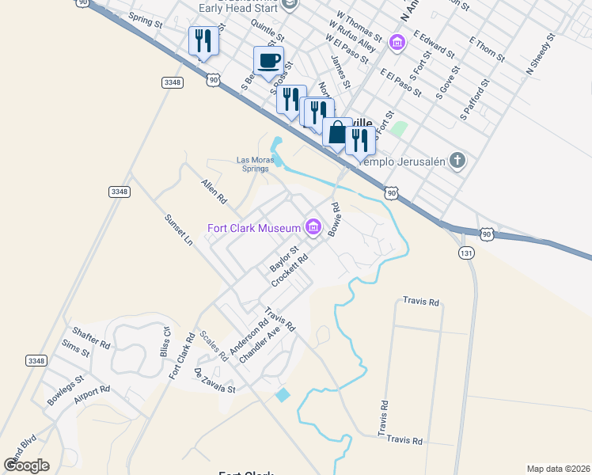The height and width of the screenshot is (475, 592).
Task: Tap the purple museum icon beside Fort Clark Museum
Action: pos(313,229)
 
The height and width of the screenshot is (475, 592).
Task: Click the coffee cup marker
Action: pos(268,60)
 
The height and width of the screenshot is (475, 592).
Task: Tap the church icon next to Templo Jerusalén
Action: pos(457,161)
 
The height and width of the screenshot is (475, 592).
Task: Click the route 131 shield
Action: pos(466,251)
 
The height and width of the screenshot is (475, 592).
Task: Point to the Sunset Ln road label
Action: pos(178,230)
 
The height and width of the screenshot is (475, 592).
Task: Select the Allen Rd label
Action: pos(214,191)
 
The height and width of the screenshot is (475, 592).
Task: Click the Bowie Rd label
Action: pos(335,219)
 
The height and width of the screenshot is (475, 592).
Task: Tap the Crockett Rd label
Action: pos(289,272)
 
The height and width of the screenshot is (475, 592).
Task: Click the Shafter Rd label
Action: pos(90,338)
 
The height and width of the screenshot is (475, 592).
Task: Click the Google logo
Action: pos(26,465)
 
